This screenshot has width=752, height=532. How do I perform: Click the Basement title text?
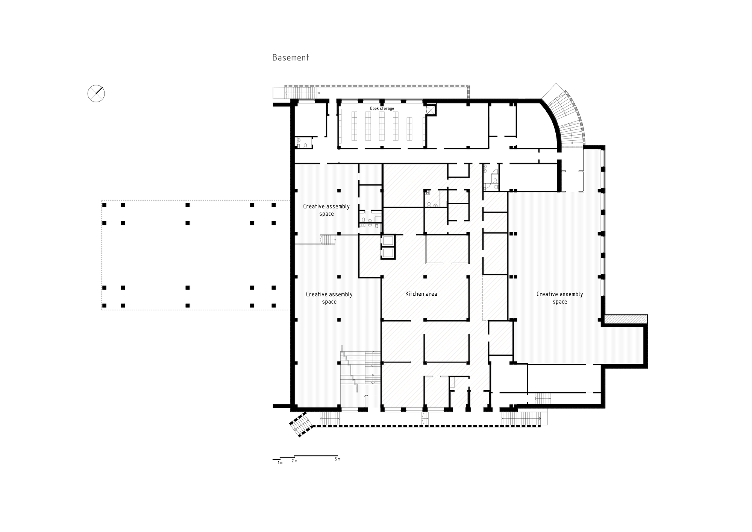290,58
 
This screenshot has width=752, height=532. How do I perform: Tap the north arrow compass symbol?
96,93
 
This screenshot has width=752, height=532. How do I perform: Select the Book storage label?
382,108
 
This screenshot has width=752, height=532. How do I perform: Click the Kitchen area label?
421,294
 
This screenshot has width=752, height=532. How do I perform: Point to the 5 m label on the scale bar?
337,459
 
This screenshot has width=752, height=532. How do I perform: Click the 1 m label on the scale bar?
280,463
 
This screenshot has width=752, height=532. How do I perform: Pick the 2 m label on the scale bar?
294,461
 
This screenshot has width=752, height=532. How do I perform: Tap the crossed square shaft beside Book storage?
431,110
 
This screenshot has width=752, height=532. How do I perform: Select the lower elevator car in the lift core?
388,252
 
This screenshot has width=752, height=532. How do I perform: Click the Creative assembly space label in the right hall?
559,298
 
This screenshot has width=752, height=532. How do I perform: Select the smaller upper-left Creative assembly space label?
326,210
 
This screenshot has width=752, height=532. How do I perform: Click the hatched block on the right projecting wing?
625,319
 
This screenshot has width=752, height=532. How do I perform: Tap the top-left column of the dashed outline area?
105,205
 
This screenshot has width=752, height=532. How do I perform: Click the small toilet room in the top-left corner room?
303,143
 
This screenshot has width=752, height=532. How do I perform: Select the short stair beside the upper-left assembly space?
327,240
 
